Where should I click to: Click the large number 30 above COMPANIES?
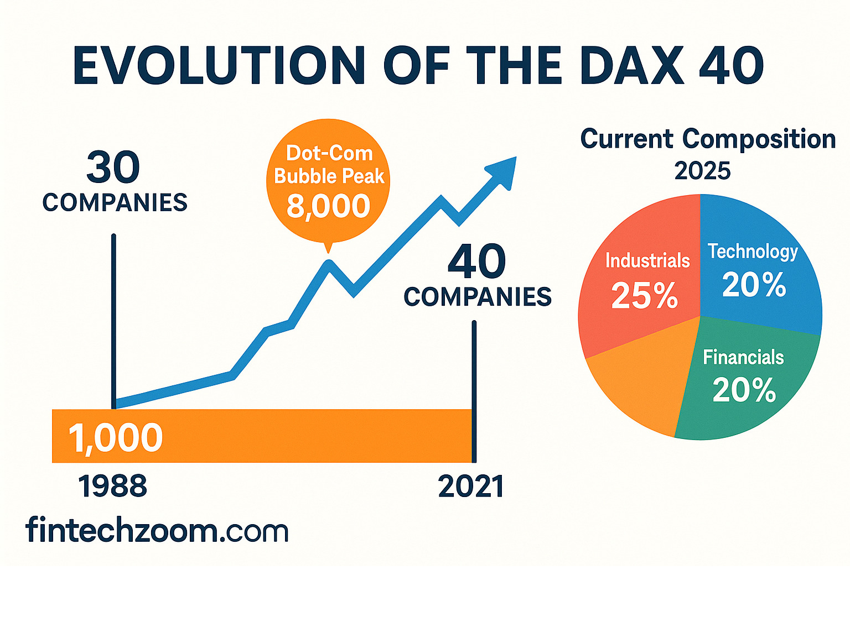[113, 167]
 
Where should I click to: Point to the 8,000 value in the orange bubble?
[328, 206]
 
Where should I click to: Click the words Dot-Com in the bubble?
[329, 153]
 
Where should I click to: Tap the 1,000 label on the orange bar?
[116, 437]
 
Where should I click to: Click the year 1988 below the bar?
[112, 487]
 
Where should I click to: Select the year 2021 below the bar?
[471, 487]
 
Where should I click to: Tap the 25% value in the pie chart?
[645, 296]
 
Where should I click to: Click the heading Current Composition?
[708, 139]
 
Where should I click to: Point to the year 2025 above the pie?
[702, 171]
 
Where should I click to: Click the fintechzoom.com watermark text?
[157, 531]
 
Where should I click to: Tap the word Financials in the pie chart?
[743, 358]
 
